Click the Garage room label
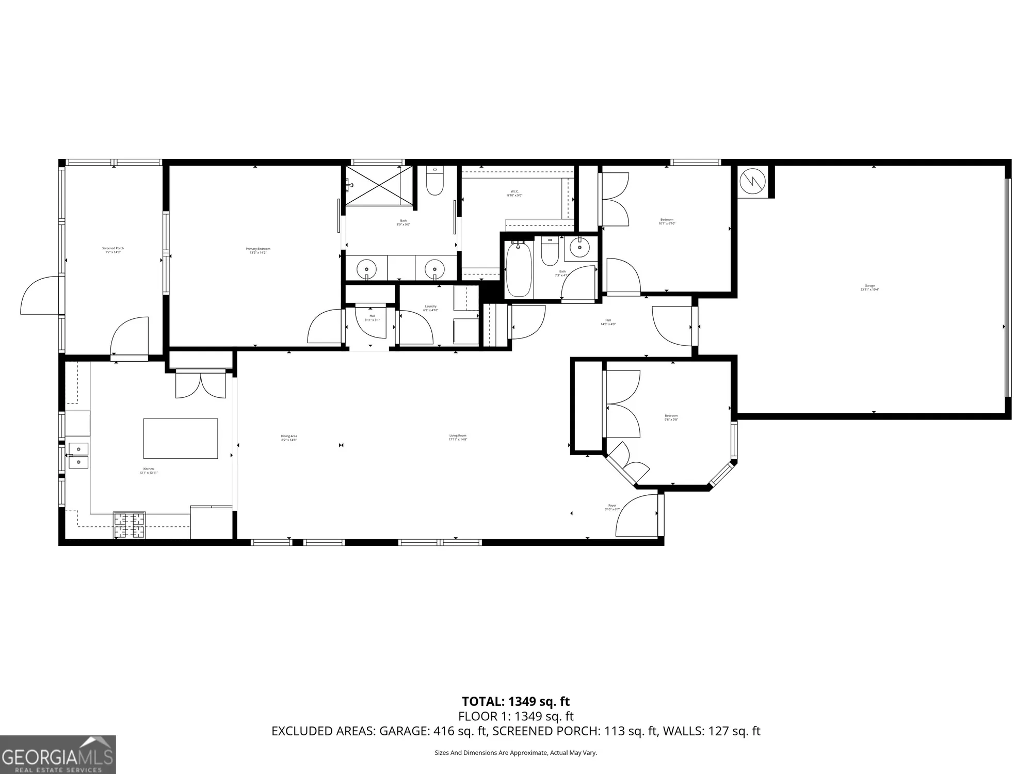pos(869,287)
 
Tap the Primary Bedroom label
pos(257,250)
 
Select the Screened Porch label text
pos(112,250)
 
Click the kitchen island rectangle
pos(180,439)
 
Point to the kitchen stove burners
pos(129,526)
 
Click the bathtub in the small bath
pos(519,271)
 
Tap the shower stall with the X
pos(379,185)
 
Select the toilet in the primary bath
pos(435,182)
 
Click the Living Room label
pos(458,437)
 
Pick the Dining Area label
pos(289,438)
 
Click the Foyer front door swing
pos(636,516)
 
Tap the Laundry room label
pos(430,308)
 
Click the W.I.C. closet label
pos(514,193)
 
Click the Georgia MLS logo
pos(58,755)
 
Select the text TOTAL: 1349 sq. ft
pos(515,701)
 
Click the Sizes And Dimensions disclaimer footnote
pos(515,753)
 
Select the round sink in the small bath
pos(580,248)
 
